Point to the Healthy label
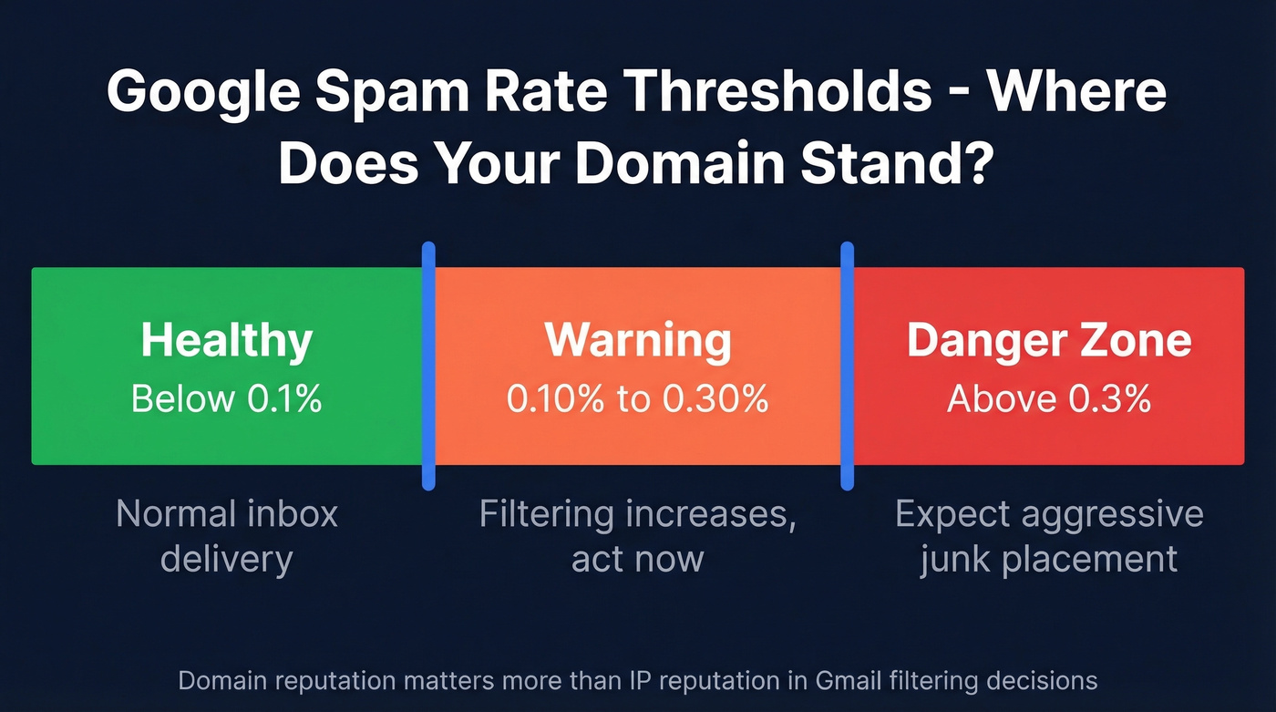coord(227,340)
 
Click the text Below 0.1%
coord(227,398)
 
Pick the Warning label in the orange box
coord(638,340)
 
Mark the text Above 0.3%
coord(1049,398)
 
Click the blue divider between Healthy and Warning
coord(429,365)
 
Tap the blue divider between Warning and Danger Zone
coord(847,365)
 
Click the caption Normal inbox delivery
coord(227,536)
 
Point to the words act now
coord(637,558)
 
